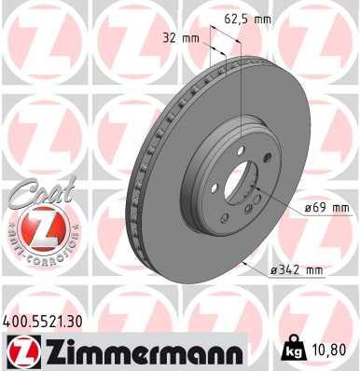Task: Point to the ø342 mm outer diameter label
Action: coord(296,270)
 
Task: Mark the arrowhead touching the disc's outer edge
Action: coord(243,264)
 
